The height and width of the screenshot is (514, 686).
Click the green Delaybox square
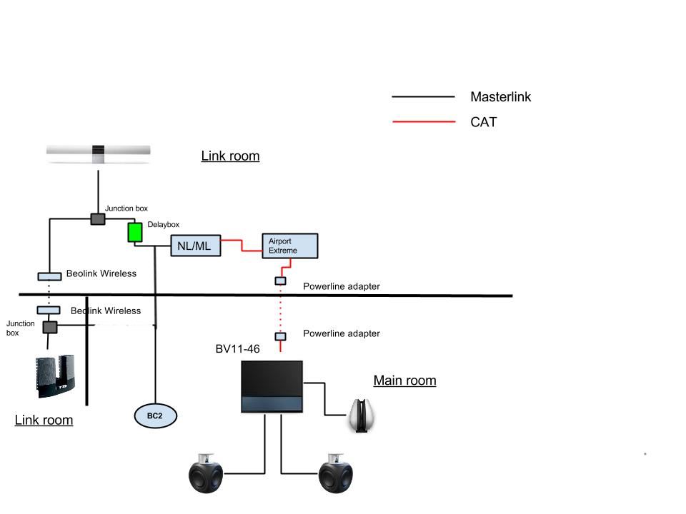[x=135, y=232]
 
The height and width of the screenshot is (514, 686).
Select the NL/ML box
[x=195, y=246]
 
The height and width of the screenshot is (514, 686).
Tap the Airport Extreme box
[x=289, y=246]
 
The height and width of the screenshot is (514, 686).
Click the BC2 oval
[x=155, y=415]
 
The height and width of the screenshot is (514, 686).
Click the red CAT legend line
[x=423, y=122]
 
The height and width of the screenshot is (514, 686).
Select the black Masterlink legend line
[x=423, y=96]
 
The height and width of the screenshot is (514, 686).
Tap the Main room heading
[x=404, y=381]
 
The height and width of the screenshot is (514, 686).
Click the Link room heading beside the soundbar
[x=230, y=156]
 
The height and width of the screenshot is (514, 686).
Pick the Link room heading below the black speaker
[x=44, y=420]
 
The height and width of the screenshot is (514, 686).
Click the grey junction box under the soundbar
[x=98, y=218]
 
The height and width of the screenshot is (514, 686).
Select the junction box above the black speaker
[x=49, y=327]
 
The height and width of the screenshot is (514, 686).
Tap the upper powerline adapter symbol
[x=281, y=281]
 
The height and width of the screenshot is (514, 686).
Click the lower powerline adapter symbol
[x=281, y=336]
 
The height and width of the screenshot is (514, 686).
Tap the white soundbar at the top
[x=99, y=152]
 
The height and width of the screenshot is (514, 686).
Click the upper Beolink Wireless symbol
[x=49, y=276]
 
